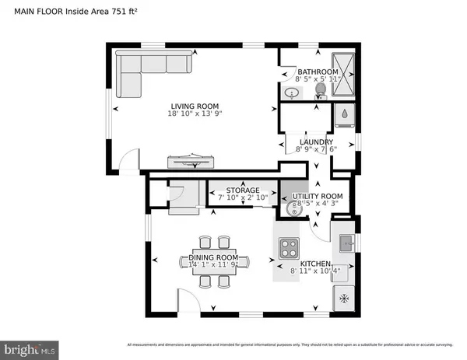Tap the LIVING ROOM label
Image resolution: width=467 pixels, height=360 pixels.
tap(195, 107)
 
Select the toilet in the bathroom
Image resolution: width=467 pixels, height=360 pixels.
tap(319, 92)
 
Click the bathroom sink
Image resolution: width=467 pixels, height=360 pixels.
tap(291, 93)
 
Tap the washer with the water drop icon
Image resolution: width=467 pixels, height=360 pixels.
tap(344, 116)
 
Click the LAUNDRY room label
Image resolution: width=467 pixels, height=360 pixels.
tap(316, 142)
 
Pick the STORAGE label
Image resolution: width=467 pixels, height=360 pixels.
tap(242, 190)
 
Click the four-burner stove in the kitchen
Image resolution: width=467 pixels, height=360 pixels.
tap(290, 248)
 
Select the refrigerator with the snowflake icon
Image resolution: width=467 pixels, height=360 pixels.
tap(344, 298)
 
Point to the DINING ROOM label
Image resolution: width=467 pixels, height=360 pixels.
tap(213, 257)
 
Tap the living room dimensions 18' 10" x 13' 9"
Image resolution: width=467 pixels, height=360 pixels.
tap(195, 114)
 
